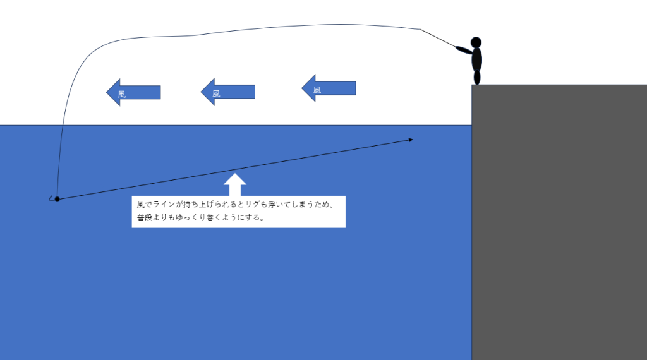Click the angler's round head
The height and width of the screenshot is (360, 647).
click(x=476, y=42)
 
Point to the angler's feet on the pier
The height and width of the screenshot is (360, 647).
click(x=477, y=78)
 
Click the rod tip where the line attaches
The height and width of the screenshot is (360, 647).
click(x=421, y=29)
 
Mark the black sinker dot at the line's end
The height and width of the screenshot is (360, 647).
click(x=57, y=199)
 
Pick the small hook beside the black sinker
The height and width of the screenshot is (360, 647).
click(x=51, y=198)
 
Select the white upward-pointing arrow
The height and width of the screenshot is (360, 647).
click(x=235, y=184)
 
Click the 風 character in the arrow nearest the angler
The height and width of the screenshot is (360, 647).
click(x=317, y=90)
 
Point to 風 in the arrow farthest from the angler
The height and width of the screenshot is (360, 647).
click(x=122, y=93)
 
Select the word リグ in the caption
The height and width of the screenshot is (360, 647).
click(x=260, y=205)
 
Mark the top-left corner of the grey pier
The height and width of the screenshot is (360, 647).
click(x=472, y=85)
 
